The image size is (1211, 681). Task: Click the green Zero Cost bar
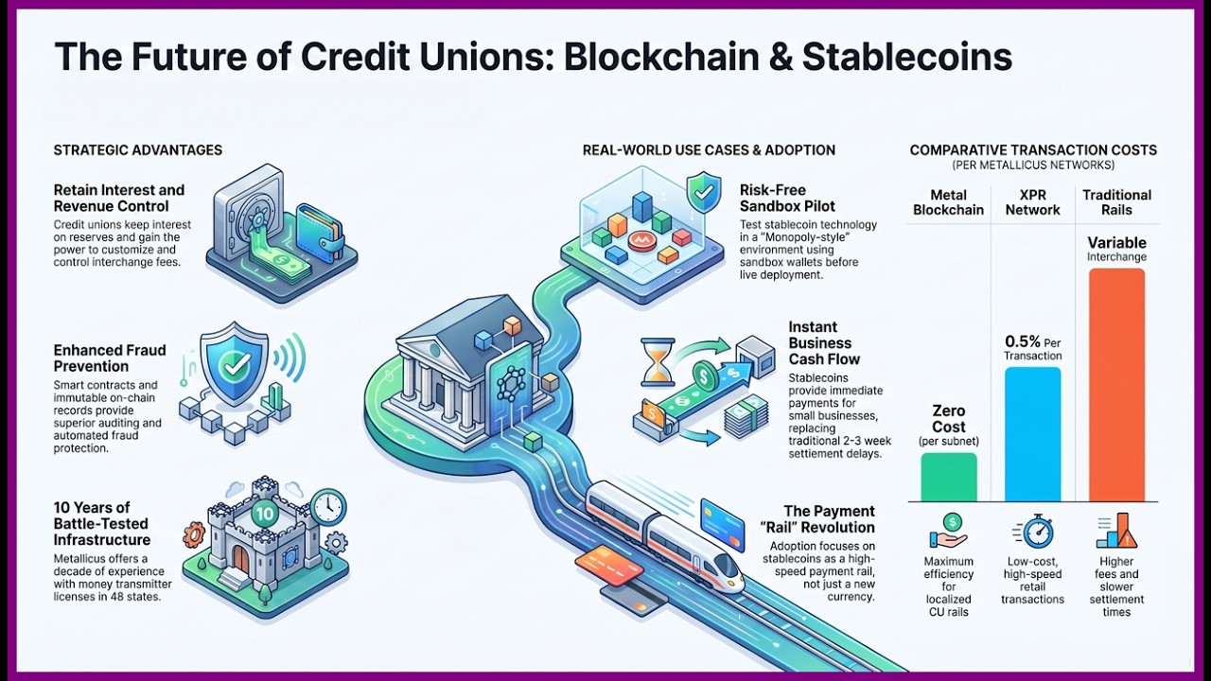pos(949,478)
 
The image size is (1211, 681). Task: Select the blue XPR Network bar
pos(1032,434)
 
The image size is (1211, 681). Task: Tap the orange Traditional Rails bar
pos(1116,385)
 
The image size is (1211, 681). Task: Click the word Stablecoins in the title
pos(907,57)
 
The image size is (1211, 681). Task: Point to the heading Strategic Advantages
pos(138,150)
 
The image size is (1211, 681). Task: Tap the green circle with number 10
pos(264,513)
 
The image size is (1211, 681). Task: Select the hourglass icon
pos(658,361)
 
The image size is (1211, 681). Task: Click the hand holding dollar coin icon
pos(948,532)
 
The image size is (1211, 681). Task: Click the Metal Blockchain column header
pos(948,202)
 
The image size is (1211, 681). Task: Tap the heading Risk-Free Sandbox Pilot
pos(787,199)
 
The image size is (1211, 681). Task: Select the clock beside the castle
pos(328,506)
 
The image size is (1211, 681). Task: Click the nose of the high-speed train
pos(734,578)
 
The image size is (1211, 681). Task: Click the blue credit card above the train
pos(721,523)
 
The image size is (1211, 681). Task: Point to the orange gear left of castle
pos(194,535)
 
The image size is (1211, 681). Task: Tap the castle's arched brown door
pos(241,559)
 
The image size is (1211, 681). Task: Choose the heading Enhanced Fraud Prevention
pos(110,358)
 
